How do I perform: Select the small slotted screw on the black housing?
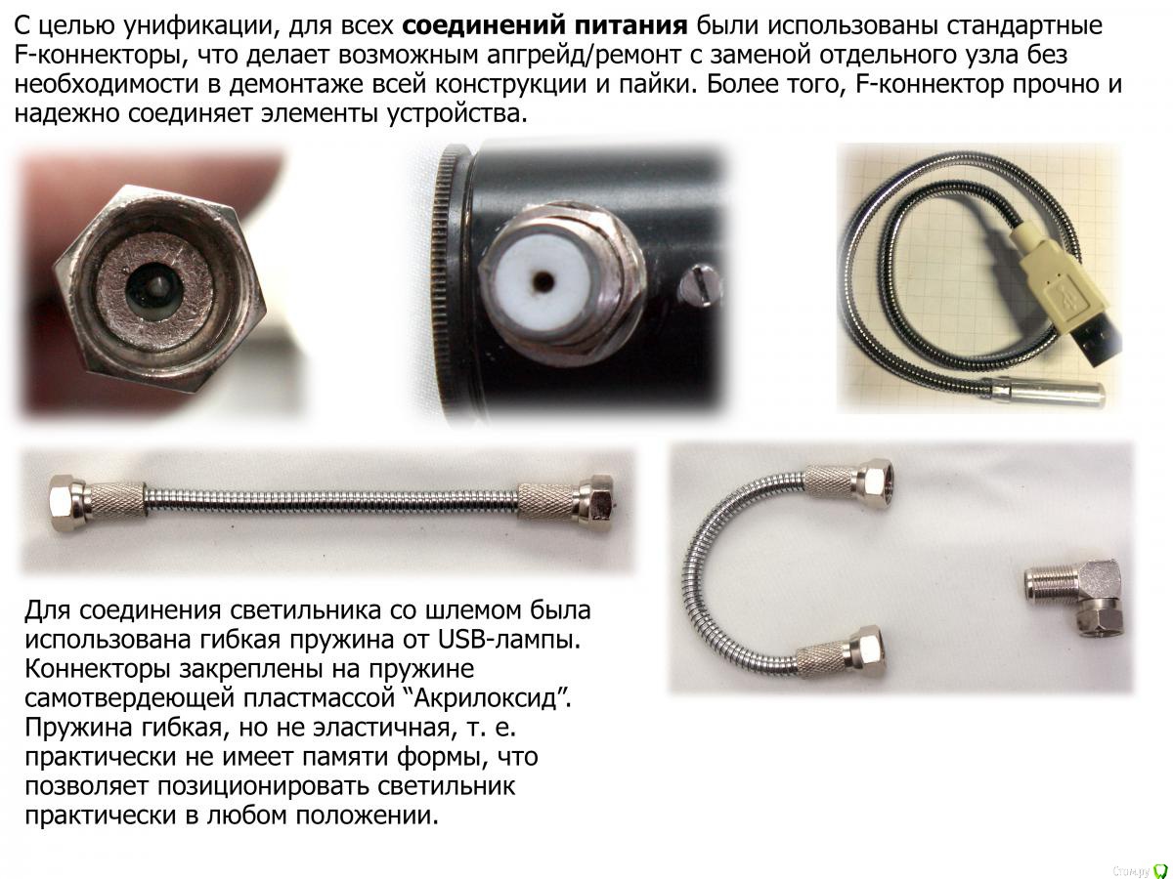pos(706,284)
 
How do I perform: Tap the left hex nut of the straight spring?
pos(67,501)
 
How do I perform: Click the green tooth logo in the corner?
pos(1160,868)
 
